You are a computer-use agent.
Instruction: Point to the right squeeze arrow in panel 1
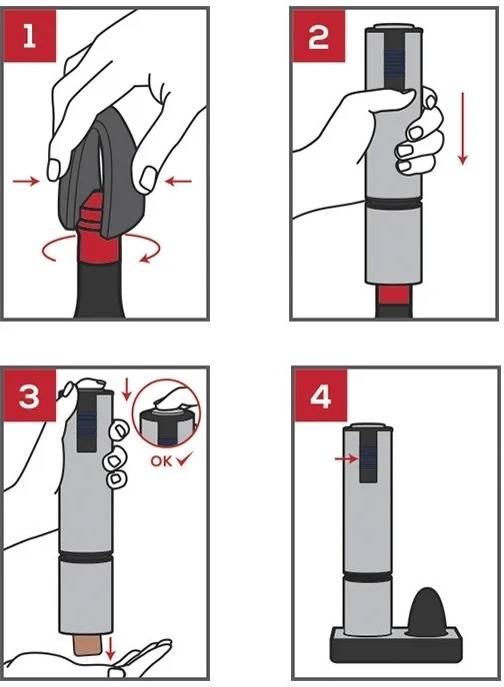click(178, 182)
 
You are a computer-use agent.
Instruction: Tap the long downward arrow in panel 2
click(462, 130)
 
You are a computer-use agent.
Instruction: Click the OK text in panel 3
click(160, 461)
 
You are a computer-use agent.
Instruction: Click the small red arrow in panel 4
click(346, 458)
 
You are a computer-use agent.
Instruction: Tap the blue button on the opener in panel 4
click(368, 458)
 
